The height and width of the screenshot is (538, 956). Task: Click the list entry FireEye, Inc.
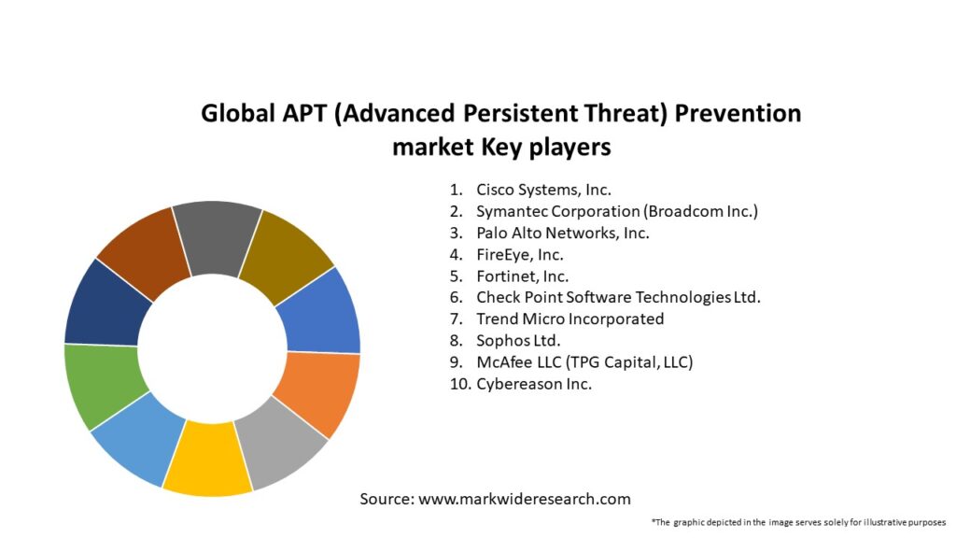click(x=519, y=254)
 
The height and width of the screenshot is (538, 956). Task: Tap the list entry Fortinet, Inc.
click(x=522, y=276)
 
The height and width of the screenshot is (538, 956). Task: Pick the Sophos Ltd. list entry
click(x=518, y=340)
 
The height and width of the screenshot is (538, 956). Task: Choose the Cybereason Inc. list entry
click(x=533, y=383)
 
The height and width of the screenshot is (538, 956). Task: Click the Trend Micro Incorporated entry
click(x=569, y=319)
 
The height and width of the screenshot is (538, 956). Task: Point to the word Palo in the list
click(x=492, y=233)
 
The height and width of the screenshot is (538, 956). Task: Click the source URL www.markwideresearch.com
click(x=525, y=499)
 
